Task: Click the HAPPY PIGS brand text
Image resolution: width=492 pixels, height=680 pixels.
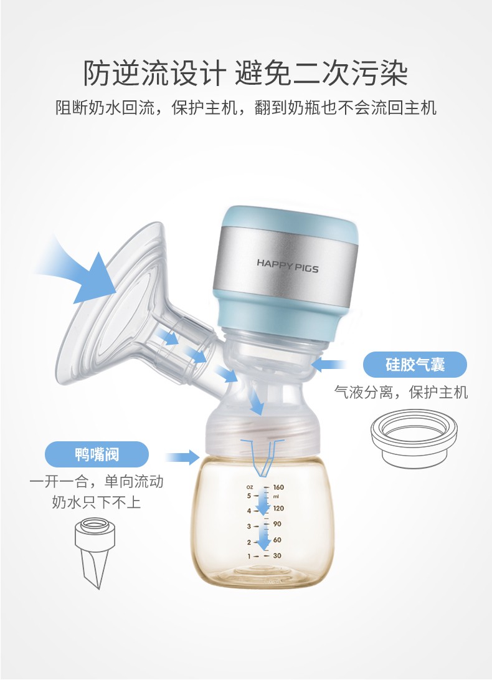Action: [x=287, y=266]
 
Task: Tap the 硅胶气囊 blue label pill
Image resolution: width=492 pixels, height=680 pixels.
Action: [x=415, y=364]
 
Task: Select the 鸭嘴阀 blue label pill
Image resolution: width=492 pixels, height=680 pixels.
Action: [x=97, y=454]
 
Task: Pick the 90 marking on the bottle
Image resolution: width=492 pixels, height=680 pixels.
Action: [x=277, y=524]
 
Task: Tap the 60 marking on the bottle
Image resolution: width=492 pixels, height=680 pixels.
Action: [x=277, y=540]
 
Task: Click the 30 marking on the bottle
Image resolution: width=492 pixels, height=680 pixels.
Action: [x=277, y=555]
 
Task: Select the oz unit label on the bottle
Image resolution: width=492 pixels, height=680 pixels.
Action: [x=250, y=487]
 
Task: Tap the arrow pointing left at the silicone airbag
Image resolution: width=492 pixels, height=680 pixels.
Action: [x=328, y=365]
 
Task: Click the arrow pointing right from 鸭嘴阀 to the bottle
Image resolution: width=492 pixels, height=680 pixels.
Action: [x=182, y=457]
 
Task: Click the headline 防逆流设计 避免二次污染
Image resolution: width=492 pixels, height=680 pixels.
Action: [x=245, y=73]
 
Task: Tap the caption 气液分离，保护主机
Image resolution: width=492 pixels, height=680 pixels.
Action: [x=401, y=393]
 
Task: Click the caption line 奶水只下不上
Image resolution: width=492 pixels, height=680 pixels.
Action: [x=97, y=502]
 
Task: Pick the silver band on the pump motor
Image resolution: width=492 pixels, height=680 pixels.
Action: [x=286, y=264]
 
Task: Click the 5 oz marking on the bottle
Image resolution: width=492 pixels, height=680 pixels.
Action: [x=249, y=496]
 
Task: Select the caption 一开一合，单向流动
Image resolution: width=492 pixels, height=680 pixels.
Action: [x=97, y=481]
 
